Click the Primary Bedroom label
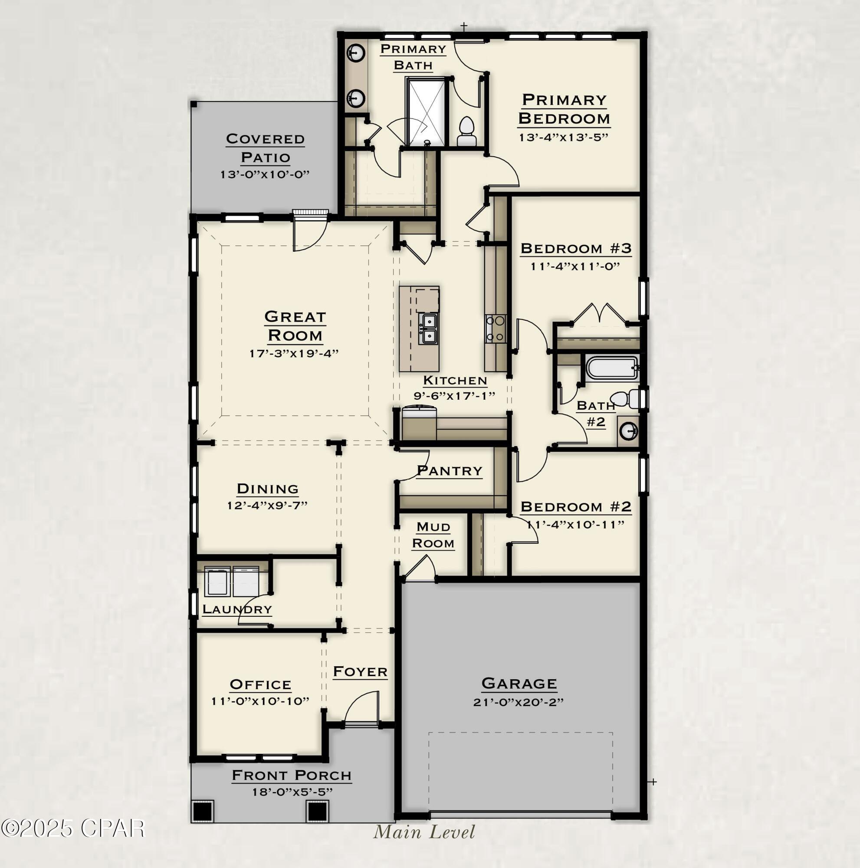[x=564, y=109]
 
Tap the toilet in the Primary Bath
[x=466, y=131]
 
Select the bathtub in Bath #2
[x=612, y=368]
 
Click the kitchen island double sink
[x=429, y=329]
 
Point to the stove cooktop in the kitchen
[x=496, y=329]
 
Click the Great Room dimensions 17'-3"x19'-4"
[x=294, y=353]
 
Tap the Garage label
[x=519, y=684]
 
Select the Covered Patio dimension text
[x=265, y=174]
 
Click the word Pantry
[x=449, y=471]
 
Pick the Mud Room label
[x=433, y=535]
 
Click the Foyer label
[x=360, y=672]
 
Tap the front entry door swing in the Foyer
[x=361, y=707]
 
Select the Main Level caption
[x=424, y=832]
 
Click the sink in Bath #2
[x=628, y=431]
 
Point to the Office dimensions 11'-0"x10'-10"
[x=260, y=701]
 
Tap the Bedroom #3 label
[x=576, y=248]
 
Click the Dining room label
[x=268, y=488]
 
